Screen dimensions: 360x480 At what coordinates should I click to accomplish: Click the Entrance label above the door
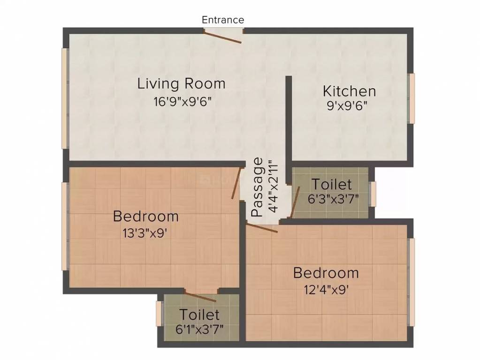(223, 20)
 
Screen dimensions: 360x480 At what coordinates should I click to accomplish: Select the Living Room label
(181, 84)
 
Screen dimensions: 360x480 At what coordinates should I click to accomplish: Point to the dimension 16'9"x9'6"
(181, 101)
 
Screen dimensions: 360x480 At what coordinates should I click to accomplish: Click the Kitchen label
(349, 90)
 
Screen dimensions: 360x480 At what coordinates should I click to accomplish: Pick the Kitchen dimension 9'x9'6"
(347, 105)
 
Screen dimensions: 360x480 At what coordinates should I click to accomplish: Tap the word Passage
(258, 187)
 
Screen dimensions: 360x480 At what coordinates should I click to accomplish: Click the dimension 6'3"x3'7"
(333, 198)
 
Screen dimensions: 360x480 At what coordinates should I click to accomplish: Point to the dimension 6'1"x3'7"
(199, 329)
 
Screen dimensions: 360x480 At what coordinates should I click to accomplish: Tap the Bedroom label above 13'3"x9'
(146, 217)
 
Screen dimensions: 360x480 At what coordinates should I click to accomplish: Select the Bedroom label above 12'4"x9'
(326, 273)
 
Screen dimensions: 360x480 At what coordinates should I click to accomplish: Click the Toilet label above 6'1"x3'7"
(199, 314)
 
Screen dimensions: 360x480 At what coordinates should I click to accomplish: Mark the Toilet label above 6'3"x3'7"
(332, 183)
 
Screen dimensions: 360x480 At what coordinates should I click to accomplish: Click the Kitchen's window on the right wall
(411, 98)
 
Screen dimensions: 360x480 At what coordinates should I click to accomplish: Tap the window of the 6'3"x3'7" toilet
(373, 194)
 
